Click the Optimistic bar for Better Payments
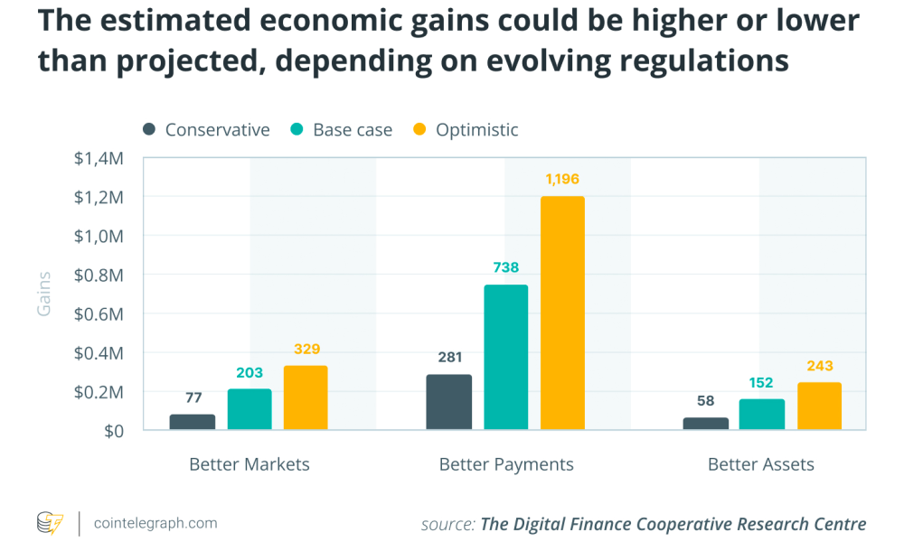click(562, 313)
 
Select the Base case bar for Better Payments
click(505, 357)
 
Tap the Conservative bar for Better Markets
click(193, 422)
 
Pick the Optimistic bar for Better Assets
click(819, 406)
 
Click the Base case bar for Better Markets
click(250, 409)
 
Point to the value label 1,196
click(562, 180)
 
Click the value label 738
click(505, 268)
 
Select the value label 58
click(705, 400)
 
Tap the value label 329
click(306, 349)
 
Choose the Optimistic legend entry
click(466, 130)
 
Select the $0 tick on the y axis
click(113, 431)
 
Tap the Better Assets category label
click(761, 464)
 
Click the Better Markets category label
click(250, 464)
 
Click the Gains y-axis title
click(43, 294)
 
